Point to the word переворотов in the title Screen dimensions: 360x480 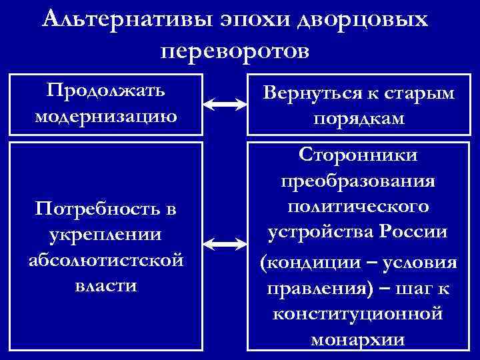(235, 50)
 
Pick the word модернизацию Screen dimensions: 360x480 (106, 116)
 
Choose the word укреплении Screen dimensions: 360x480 (106, 235)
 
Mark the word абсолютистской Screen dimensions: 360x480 (106, 261)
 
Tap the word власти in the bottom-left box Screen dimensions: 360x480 (106, 286)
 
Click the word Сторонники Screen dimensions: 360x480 (359, 155)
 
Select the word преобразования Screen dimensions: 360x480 (359, 181)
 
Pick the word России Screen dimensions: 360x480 (416, 233)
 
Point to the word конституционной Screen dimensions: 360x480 (359, 313)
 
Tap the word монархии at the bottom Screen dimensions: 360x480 (359, 339)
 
